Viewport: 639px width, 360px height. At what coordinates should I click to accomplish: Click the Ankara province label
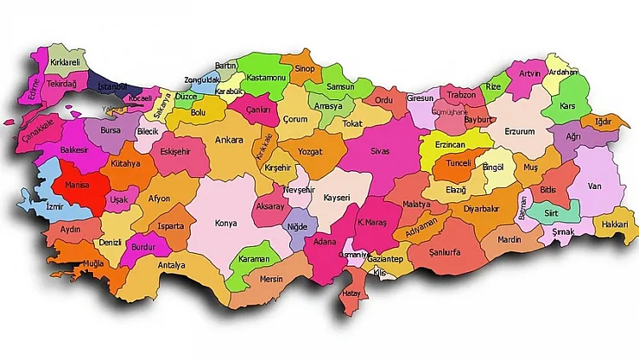[x=229, y=140]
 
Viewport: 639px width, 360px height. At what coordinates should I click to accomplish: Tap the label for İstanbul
[x=112, y=87]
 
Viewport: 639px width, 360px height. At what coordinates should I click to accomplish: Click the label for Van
[x=593, y=185]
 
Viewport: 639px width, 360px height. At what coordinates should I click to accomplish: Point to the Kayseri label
[x=337, y=198]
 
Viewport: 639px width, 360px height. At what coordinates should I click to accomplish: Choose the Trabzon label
[x=463, y=96]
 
